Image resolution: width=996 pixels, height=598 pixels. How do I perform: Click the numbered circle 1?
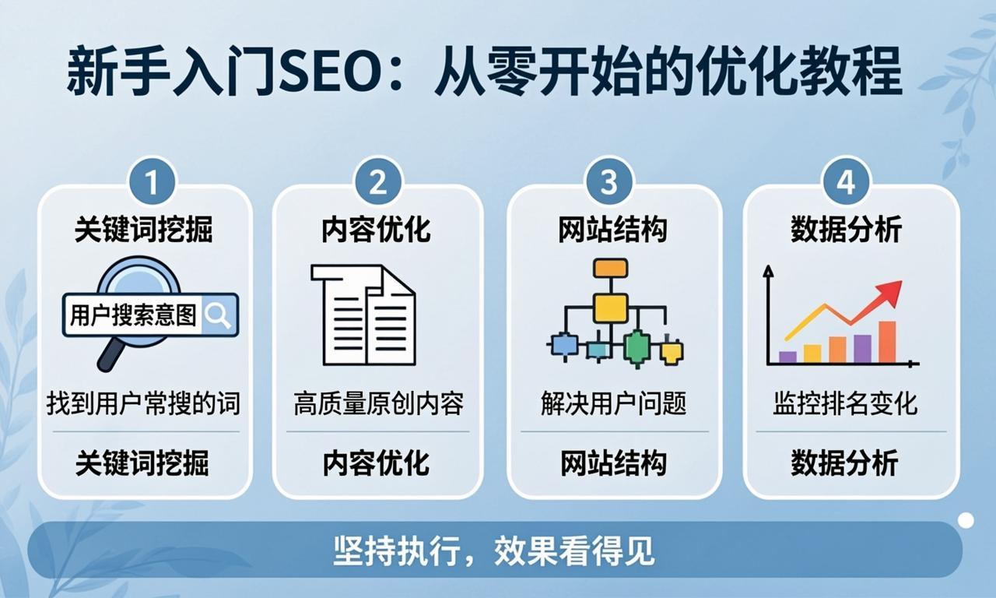coord(151,183)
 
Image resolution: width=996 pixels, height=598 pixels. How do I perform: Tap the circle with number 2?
coord(377,183)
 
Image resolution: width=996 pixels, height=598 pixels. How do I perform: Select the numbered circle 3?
coord(609,183)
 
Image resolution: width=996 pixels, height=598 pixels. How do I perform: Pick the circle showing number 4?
coord(845,183)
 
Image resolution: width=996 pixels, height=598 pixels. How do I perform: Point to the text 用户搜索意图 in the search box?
coord(133,315)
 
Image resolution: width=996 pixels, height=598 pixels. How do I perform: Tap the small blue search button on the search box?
coord(219,315)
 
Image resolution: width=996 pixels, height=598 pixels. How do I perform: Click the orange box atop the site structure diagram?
coord(610,268)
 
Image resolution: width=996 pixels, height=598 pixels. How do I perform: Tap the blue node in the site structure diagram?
coord(564,344)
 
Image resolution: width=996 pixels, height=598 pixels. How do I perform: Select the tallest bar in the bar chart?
coord(887,342)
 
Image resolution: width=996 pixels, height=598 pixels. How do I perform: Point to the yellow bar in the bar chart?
coord(812,354)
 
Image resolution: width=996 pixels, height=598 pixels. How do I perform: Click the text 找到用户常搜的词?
coord(143,404)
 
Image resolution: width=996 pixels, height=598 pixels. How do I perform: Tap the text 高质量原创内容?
coord(378,404)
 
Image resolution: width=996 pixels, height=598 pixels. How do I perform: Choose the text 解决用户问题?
coord(613,404)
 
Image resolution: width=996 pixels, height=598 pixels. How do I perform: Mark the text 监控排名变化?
coord(845,404)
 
